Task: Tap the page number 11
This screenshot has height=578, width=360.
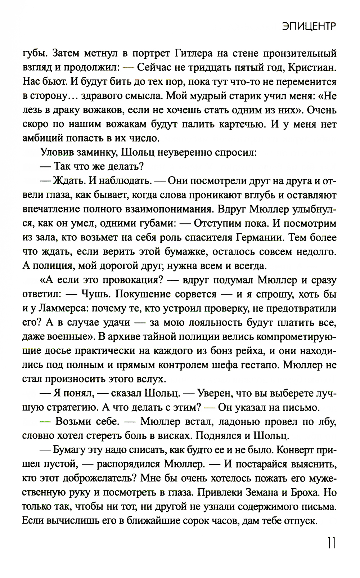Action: coord(331,543)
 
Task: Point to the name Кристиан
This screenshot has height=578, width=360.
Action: coord(307,68)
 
